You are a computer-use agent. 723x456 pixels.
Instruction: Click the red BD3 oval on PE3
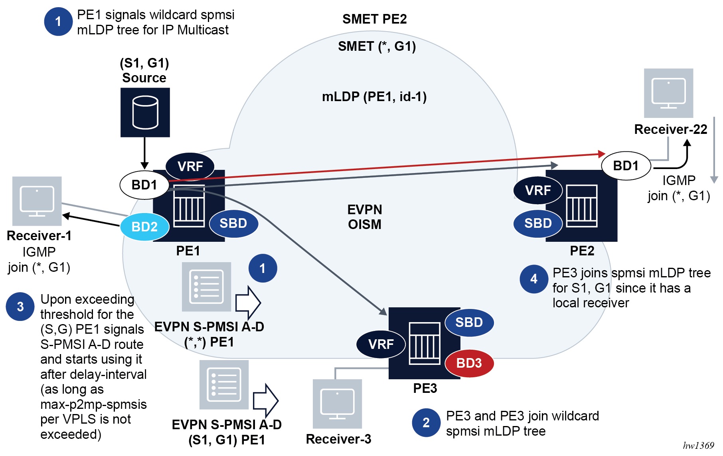pyautogui.click(x=469, y=363)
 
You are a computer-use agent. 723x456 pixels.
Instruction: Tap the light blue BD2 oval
pyautogui.click(x=144, y=227)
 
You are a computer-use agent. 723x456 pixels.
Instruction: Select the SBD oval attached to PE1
pyautogui.click(x=233, y=223)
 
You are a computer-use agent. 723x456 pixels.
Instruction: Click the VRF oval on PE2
pyautogui.click(x=537, y=190)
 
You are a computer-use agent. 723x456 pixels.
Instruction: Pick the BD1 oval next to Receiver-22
pyautogui.click(x=626, y=165)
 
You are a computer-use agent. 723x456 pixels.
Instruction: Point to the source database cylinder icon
pyautogui.click(x=145, y=112)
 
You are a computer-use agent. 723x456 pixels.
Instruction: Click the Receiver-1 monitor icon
pyautogui.click(x=37, y=201)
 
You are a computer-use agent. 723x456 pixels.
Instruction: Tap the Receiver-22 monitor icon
pyautogui.click(x=668, y=93)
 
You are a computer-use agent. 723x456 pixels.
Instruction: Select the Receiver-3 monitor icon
pyautogui.click(x=337, y=404)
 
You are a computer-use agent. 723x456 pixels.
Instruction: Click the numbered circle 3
pyautogui.click(x=20, y=307)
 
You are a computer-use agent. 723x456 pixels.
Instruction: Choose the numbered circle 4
pyautogui.click(x=534, y=279)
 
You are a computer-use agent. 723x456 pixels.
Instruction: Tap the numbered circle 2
pyautogui.click(x=426, y=422)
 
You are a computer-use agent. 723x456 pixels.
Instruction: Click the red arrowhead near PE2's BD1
pyautogui.click(x=602, y=154)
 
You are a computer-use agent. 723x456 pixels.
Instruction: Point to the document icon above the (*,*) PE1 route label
pyautogui.click(x=206, y=287)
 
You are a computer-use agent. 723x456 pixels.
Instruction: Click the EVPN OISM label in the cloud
pyautogui.click(x=364, y=217)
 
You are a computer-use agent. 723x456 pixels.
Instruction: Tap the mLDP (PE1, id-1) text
pyautogui.click(x=374, y=97)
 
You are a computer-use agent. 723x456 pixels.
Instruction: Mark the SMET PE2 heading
pyautogui.click(x=374, y=19)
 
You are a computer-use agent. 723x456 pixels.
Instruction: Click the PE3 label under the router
pyautogui.click(x=425, y=388)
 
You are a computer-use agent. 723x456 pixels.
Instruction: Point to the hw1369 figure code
pyautogui.click(x=698, y=446)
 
